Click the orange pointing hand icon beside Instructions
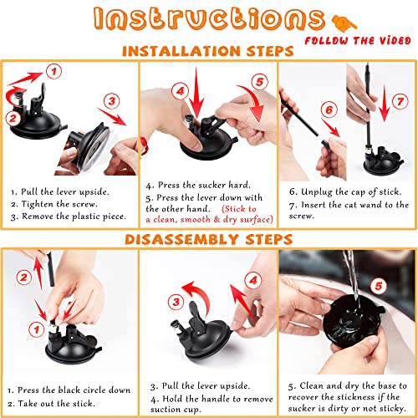coord(344,23)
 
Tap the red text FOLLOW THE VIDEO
coord(358,41)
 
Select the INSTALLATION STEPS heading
coord(208,51)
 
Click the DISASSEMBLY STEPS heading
coord(209,239)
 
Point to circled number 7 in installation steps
coord(400,101)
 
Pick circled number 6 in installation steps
coord(329,110)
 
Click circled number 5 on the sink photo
coord(379,286)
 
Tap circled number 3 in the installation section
coord(112,101)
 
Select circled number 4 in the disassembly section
coord(253,280)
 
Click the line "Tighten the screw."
coord(54,204)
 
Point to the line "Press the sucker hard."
coord(198,185)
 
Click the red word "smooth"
coord(196,220)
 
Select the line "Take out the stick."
coord(51,403)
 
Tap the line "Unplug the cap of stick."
coord(345,191)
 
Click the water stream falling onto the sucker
coord(352,278)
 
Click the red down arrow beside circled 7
coord(385,103)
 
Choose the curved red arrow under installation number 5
coord(252,102)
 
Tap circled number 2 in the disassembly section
coord(24,278)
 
